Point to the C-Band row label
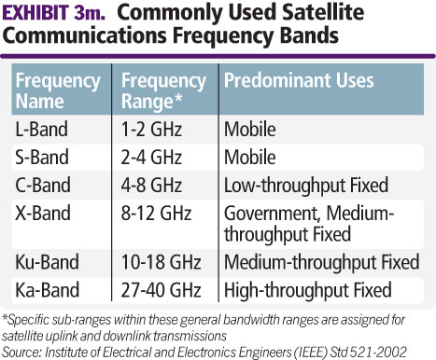[43, 180]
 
